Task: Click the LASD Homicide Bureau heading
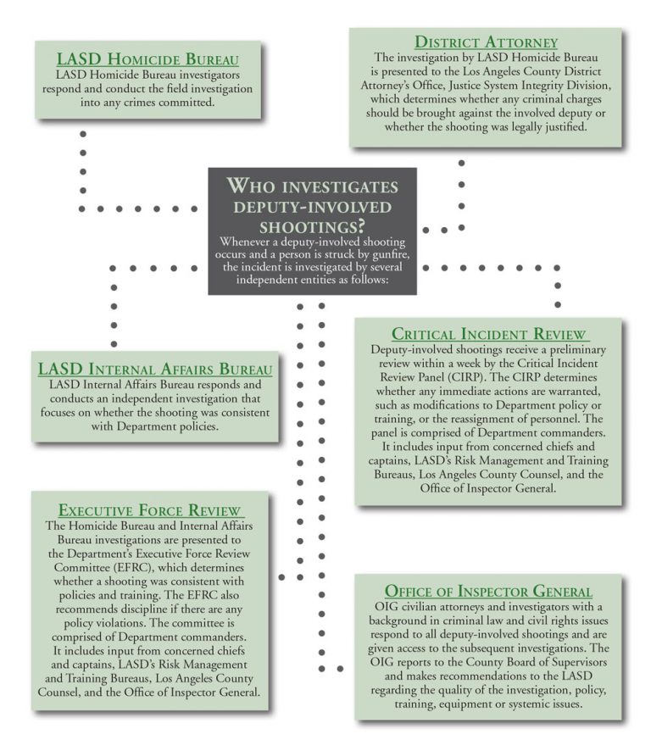[x=147, y=59]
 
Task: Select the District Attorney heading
[x=486, y=42]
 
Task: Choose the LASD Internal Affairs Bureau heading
[x=155, y=369]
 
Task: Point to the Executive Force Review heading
[x=151, y=510]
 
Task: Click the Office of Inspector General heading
[x=488, y=591]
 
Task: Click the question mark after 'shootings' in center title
[x=362, y=227]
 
